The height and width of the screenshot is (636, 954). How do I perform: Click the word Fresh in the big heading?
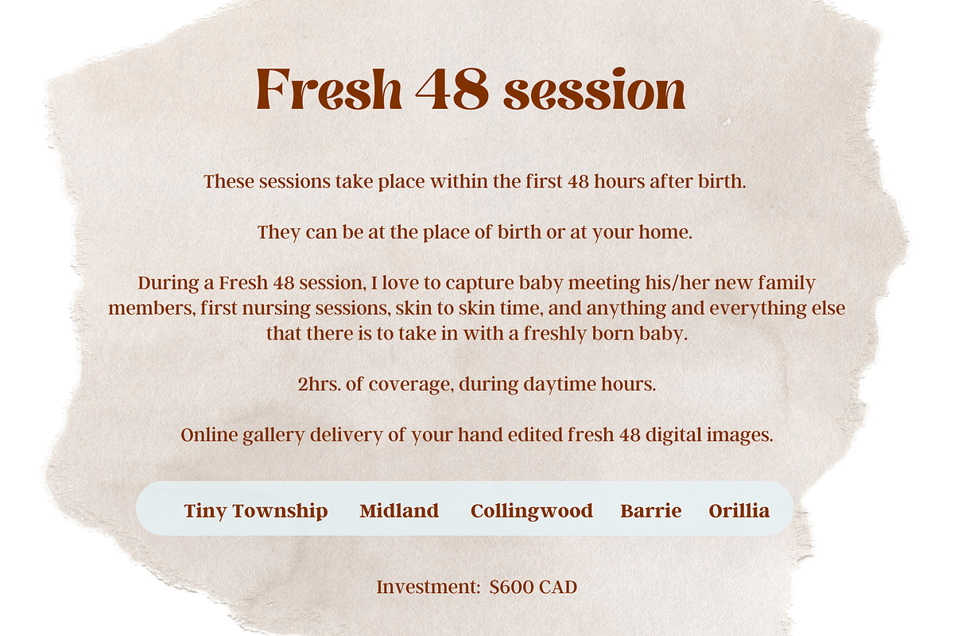(329, 90)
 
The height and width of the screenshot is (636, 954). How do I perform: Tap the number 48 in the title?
(452, 90)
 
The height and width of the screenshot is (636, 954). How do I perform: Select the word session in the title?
(595, 90)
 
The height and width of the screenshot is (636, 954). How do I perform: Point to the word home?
(665, 232)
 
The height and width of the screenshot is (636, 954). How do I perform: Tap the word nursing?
(276, 308)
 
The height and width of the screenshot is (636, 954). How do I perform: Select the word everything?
(758, 308)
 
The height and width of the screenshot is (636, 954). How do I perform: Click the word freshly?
(555, 334)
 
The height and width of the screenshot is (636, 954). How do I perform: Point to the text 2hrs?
(320, 384)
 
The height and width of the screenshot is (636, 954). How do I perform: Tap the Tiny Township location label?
(256, 510)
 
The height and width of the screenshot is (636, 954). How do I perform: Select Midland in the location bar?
(399, 510)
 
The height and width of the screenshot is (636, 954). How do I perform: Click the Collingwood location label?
(532, 511)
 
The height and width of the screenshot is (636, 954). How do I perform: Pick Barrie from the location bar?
(651, 510)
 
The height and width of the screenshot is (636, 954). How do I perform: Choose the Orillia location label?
(739, 510)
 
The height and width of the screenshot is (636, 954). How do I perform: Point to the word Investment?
(429, 587)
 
